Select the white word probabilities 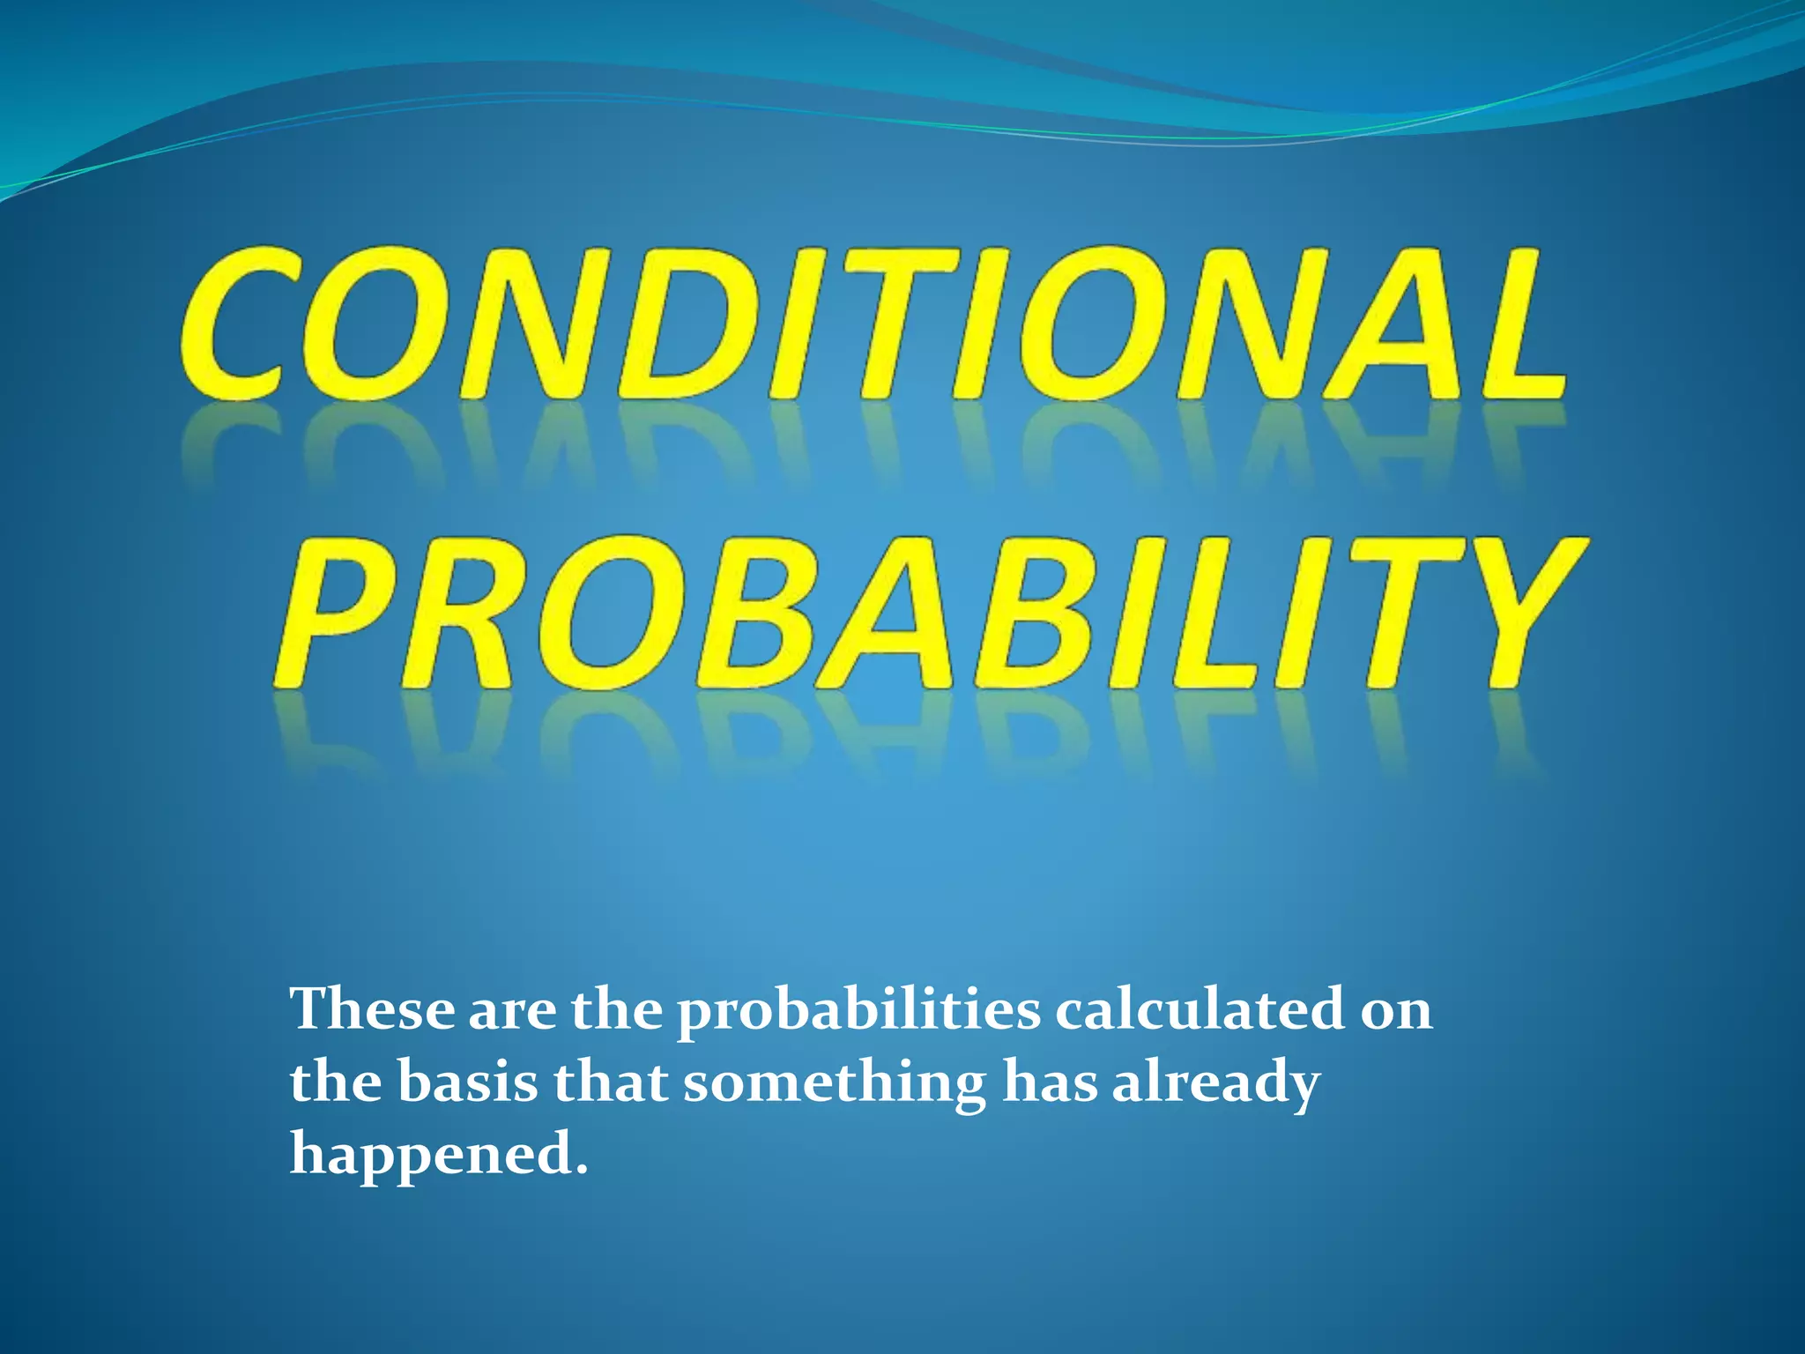click(858, 1012)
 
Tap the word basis click(467, 1082)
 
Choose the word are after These click(512, 1012)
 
